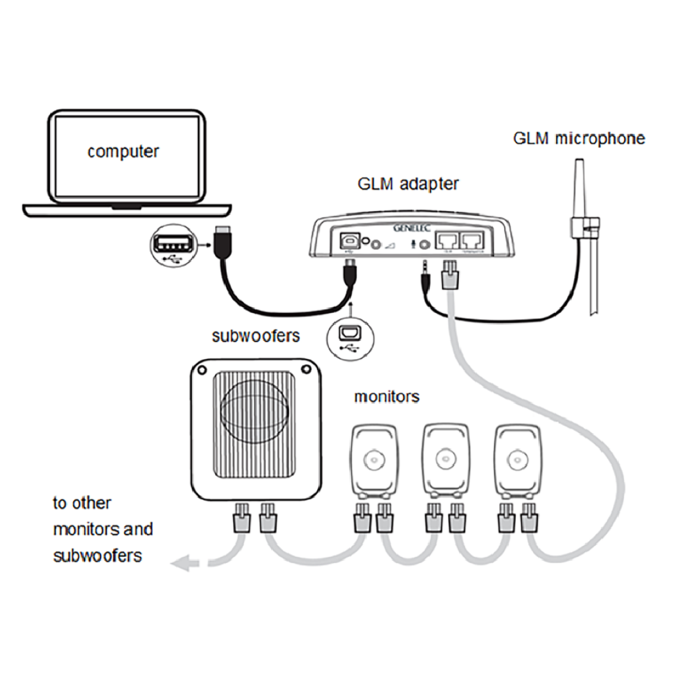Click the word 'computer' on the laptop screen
point(123,151)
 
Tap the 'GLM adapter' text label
point(408,184)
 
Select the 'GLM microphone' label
point(579,138)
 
